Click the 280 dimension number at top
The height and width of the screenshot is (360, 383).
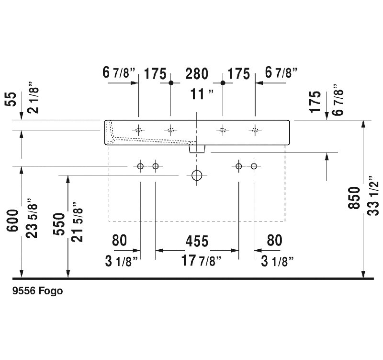tap(197, 74)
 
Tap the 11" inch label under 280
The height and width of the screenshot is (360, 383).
tap(202, 94)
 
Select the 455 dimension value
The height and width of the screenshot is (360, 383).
tap(197, 241)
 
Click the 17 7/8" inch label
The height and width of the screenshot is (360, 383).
tap(201, 260)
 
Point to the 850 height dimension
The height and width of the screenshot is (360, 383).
tap(354, 197)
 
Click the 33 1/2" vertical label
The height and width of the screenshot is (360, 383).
tap(373, 196)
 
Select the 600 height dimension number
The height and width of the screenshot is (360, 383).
tap(12, 221)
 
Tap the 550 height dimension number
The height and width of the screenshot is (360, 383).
tap(59, 224)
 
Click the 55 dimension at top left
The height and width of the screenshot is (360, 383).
tap(11, 99)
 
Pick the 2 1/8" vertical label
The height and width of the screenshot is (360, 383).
tap(33, 97)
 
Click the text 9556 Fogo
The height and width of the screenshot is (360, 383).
tap(38, 291)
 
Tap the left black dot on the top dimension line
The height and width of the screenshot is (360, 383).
tap(171, 83)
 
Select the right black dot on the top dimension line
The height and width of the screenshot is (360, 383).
tap(223, 83)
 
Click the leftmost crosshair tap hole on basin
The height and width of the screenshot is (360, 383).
tap(138, 130)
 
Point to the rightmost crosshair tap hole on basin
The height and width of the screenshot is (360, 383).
tap(255, 130)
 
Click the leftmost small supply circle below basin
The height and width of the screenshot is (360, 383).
tap(140, 166)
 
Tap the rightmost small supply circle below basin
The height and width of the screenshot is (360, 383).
tap(254, 166)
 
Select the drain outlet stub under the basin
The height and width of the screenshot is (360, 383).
tap(197, 149)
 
